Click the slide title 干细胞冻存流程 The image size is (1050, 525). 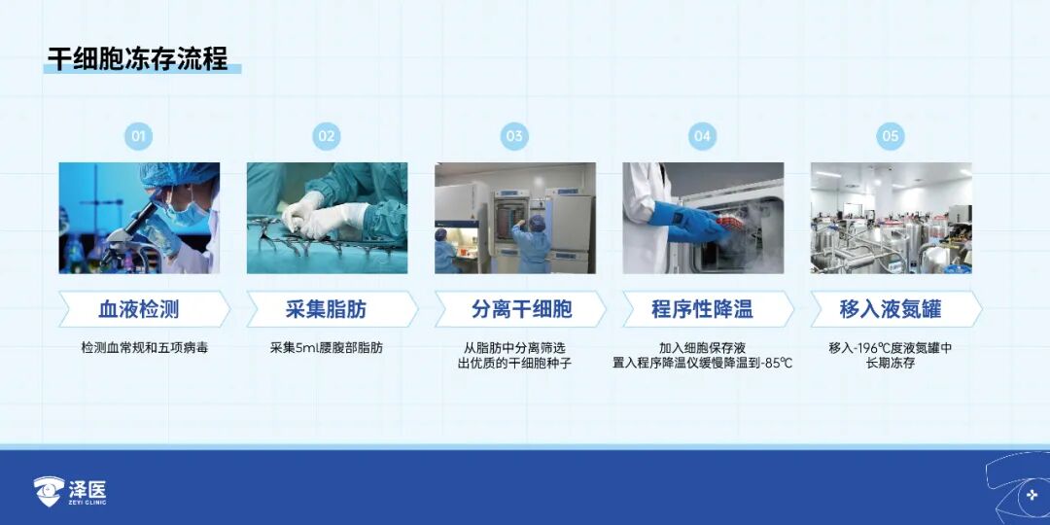tap(137, 58)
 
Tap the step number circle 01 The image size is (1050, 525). tap(138, 137)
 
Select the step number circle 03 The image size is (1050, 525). tap(514, 137)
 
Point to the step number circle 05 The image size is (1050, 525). tap(890, 137)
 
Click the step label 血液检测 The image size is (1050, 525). tap(139, 309)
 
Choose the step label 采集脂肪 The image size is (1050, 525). tap(326, 309)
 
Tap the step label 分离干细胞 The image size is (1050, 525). tap(522, 309)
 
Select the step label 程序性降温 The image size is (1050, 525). tap(702, 309)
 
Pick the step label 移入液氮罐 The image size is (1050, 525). tap(890, 309)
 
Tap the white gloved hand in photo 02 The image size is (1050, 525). tap(322, 214)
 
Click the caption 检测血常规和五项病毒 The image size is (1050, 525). tap(145, 348)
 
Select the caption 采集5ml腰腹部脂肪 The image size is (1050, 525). tap(327, 348)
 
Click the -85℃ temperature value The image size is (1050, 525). tap(777, 364)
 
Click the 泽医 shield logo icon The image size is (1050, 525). tap(49, 492)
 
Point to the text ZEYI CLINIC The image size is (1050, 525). tap(87, 503)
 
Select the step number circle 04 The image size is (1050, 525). tap(702, 137)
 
